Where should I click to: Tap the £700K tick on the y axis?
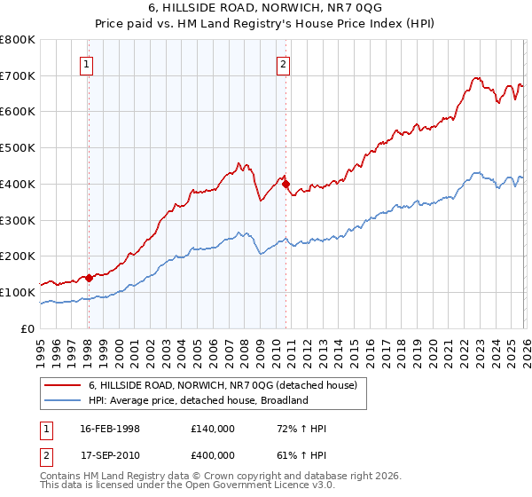pos(18,75)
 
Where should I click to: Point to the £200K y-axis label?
pos(18,256)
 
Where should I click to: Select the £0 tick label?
pos(27,328)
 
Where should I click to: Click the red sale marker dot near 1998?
pos(89,278)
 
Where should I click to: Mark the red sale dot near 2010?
pos(286,184)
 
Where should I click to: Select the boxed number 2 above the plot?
pos(283,63)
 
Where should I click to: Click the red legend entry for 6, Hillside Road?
pos(222,385)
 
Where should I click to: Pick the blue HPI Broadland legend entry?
pos(197,400)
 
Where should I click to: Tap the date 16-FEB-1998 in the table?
pos(110,429)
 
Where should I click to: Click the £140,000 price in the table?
pos(212,429)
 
